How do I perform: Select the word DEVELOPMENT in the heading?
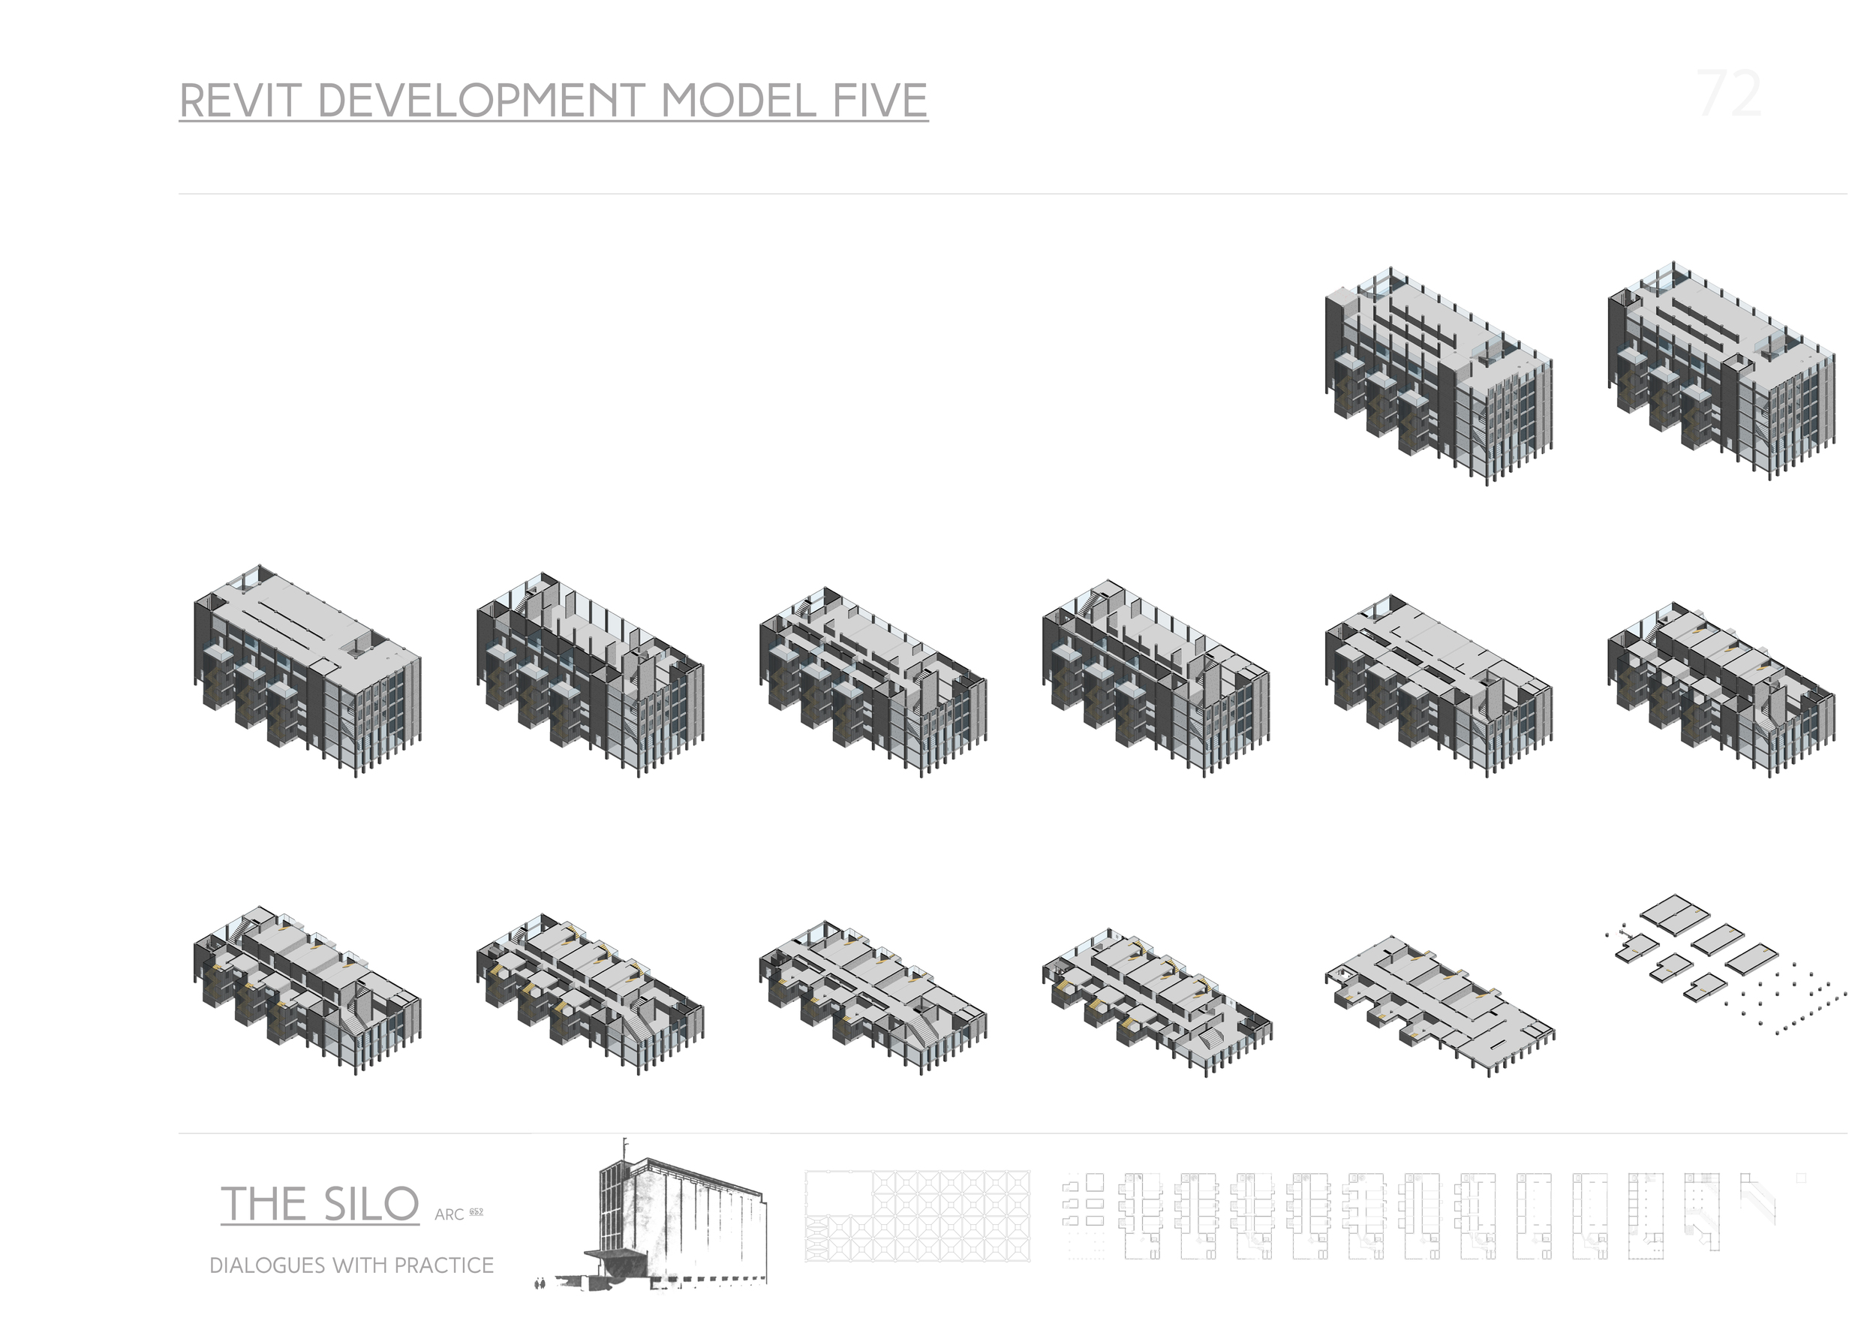[481, 101]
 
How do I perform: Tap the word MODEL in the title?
[738, 101]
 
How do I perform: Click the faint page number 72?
[1729, 95]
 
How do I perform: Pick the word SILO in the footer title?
[371, 1205]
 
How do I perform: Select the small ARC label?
[449, 1215]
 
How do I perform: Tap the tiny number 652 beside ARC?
[477, 1211]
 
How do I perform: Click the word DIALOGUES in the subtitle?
[267, 1265]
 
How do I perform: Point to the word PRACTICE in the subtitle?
[445, 1265]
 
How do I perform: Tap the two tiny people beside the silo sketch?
[540, 1283]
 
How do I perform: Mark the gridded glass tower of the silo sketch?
[618, 1209]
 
